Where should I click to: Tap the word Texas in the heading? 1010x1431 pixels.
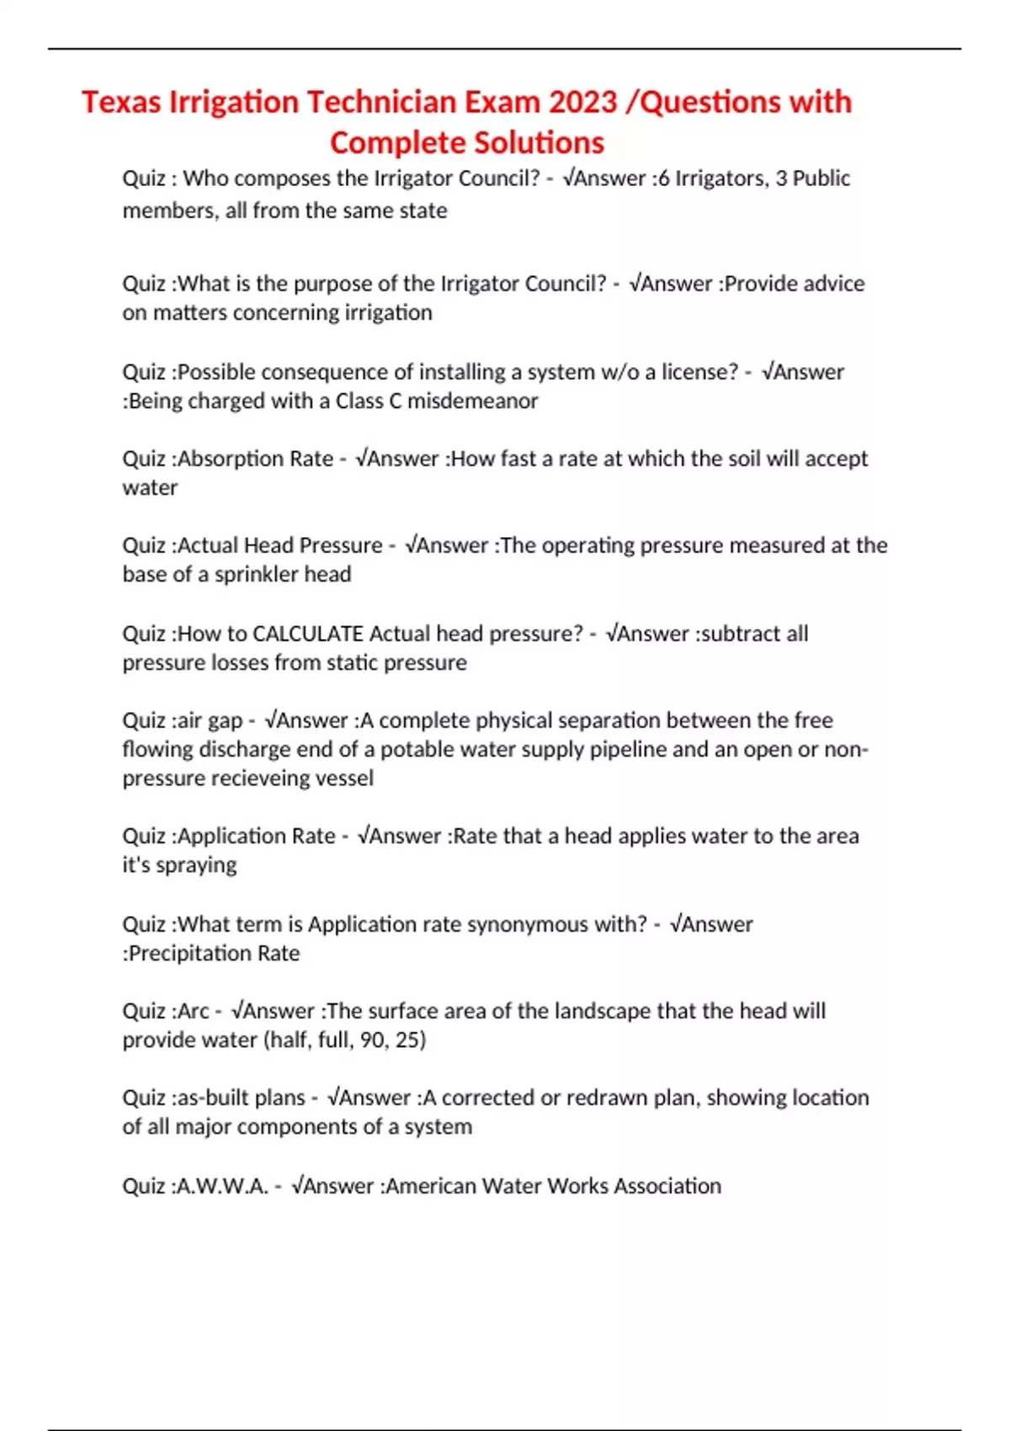point(121,102)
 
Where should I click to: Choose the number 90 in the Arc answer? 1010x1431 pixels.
point(372,1040)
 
